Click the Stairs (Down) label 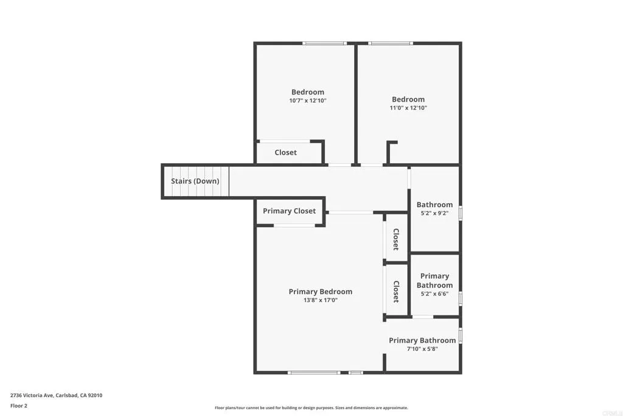(195, 181)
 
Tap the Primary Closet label (289, 211)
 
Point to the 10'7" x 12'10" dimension (308, 100)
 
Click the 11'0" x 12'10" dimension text (408, 108)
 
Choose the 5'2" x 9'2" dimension (434, 213)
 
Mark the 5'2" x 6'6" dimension (434, 294)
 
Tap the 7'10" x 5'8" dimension (422, 349)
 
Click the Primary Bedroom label (320, 291)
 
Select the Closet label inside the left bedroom (285, 152)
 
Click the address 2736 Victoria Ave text (56, 395)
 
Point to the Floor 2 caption (19, 406)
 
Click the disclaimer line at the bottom (311, 408)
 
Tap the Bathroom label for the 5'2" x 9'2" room (434, 205)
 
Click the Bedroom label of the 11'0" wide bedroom (408, 99)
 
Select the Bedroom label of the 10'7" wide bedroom (308, 92)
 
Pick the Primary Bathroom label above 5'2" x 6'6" (434, 280)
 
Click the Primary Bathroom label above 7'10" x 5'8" (422, 340)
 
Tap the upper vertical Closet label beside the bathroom (395, 239)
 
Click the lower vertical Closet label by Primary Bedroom (395, 292)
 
